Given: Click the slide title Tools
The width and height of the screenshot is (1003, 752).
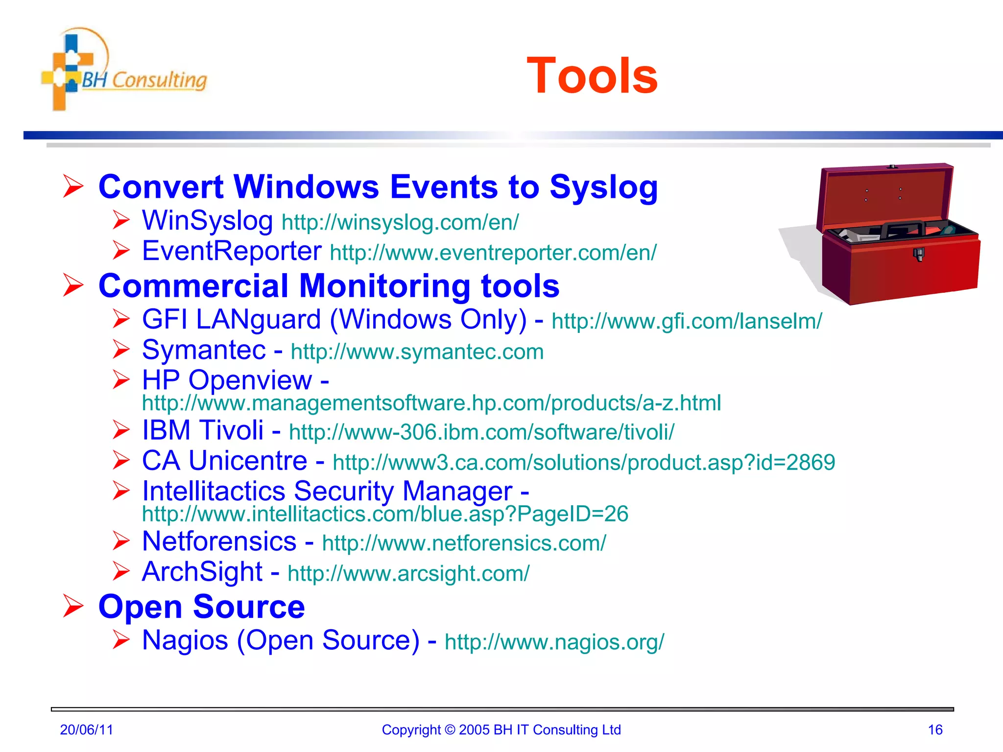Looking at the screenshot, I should pyautogui.click(x=592, y=76).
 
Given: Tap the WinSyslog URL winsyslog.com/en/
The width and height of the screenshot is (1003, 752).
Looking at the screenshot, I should pyautogui.click(x=400, y=223).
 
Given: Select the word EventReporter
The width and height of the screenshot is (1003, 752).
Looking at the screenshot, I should pyautogui.click(x=232, y=251).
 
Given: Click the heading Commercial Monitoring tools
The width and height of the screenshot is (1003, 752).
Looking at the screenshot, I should pyautogui.click(x=329, y=286).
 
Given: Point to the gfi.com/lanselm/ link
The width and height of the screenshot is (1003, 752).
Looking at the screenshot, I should pyautogui.click(x=687, y=322).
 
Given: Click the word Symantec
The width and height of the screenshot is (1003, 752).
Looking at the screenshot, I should pyautogui.click(x=204, y=351).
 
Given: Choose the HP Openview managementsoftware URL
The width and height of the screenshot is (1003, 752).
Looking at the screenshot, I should pyautogui.click(x=431, y=403).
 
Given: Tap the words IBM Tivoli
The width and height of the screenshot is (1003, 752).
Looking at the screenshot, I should pyautogui.click(x=203, y=431).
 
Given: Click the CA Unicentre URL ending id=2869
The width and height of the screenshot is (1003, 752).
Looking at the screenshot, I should pyautogui.click(x=584, y=463).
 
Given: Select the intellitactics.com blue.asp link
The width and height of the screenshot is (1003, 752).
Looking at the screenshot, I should pyautogui.click(x=385, y=514).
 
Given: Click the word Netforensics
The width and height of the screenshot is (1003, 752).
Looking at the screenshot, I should pyautogui.click(x=219, y=542).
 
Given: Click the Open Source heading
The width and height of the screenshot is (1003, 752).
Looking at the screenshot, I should pyautogui.click(x=201, y=607).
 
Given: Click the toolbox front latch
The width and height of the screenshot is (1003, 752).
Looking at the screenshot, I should pyautogui.click(x=919, y=254).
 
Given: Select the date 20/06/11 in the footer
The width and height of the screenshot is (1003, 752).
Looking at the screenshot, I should pyautogui.click(x=86, y=730).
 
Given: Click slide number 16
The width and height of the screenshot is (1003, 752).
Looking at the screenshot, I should pyautogui.click(x=935, y=730).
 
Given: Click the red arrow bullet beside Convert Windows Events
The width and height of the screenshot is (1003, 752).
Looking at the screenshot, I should pyautogui.click(x=73, y=187).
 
